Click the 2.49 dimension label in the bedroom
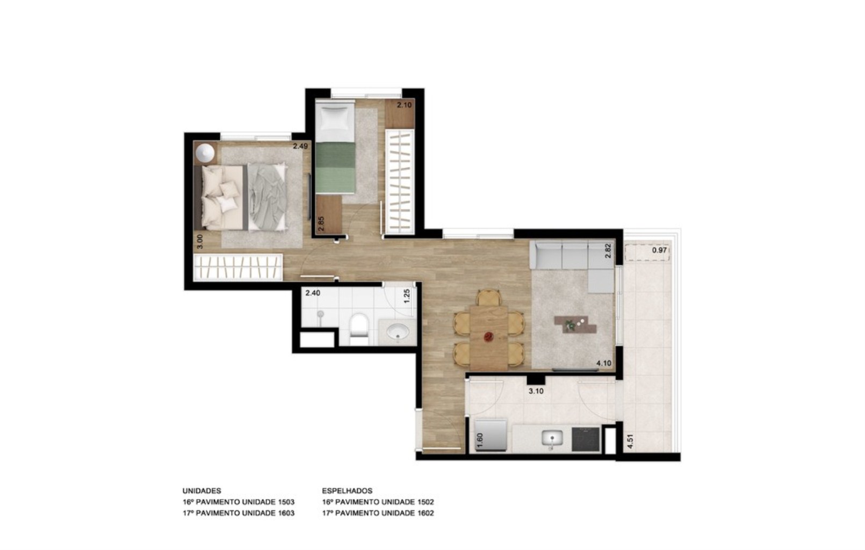[300, 146]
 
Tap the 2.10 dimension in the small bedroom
[404, 105]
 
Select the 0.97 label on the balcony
[659, 250]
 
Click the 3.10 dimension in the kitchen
[536, 391]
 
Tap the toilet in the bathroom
[358, 329]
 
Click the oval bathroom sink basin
[398, 332]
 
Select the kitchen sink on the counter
[551, 440]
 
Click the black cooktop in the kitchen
[586, 438]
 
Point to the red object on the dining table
[488, 337]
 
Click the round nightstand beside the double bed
[205, 153]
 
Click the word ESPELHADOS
[347, 490]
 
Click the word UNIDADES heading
[201, 490]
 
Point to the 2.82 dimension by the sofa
[608, 251]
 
